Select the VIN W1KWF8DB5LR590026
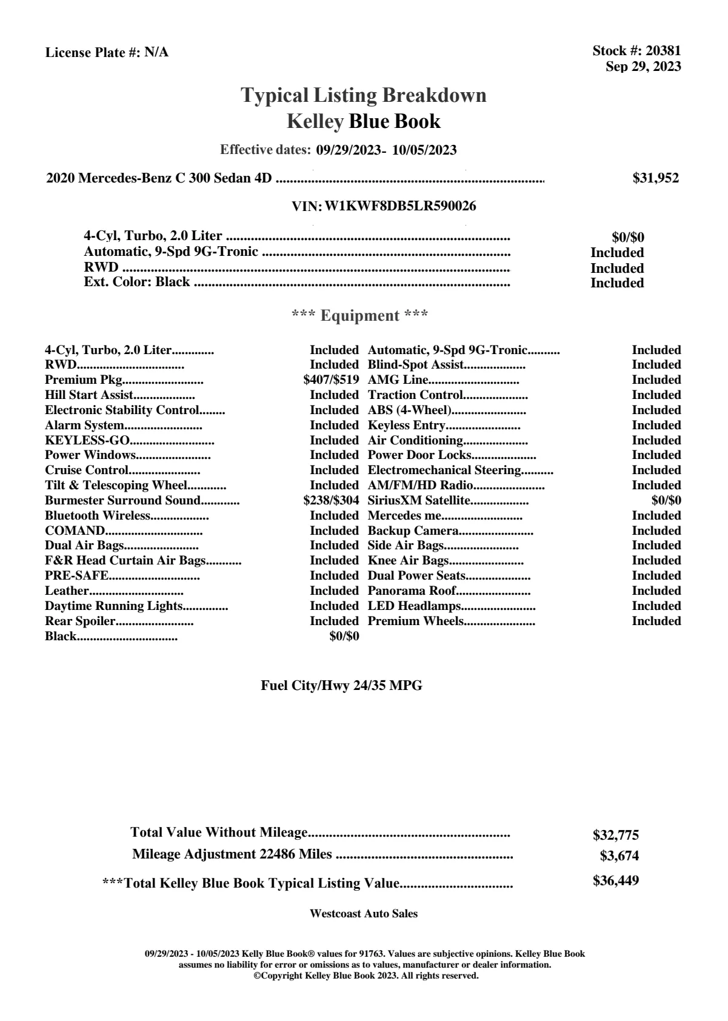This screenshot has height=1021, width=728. pos(400,206)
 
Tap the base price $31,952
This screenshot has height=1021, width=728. pos(655,178)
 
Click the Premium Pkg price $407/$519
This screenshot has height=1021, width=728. pos(331,380)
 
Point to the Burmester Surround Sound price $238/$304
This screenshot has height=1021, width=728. pos(331,501)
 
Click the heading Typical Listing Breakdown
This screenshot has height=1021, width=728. pos(364,95)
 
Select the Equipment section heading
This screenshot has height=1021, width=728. pos(360,316)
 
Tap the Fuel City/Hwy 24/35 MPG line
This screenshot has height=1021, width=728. pos(341,686)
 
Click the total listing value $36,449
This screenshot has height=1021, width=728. pos(615,881)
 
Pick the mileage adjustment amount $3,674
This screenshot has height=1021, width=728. pos(619,856)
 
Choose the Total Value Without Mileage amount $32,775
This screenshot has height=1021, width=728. pos(615,835)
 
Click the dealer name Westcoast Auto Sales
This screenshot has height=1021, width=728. pos(363,914)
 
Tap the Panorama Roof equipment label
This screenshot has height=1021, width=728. pos(412,591)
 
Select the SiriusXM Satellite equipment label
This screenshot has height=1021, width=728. pos(419,501)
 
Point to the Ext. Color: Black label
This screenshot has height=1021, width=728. pos(136,282)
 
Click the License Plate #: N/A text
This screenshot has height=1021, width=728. pos(107,53)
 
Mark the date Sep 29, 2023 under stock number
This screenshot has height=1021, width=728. pos(643,67)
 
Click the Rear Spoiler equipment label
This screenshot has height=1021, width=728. pos(80,621)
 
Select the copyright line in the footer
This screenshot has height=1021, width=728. pos(366,976)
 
